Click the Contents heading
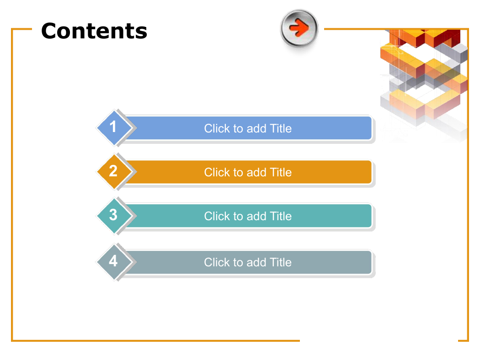pos(94,31)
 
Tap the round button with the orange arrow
pos(299,28)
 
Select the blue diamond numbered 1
pos(115,127)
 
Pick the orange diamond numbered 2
pos(115,172)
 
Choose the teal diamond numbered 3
pos(115,216)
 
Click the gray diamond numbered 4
pos(115,262)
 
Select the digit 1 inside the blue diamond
pos(113,127)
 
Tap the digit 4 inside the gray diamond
pos(113,261)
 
